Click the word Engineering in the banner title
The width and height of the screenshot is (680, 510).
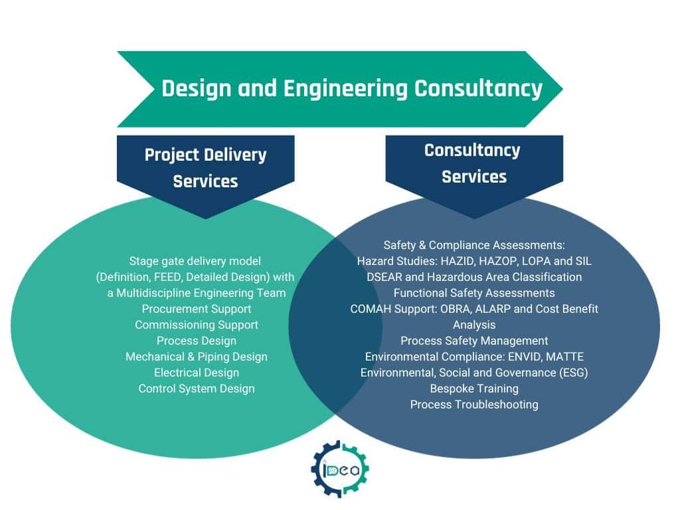coord(345,88)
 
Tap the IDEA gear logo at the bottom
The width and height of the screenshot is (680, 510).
coord(340,469)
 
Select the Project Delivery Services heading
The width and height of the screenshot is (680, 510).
coord(205,167)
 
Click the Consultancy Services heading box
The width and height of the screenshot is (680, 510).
coord(473,163)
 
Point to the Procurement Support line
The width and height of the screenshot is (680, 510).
coord(197,309)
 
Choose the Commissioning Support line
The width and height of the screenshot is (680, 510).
coord(197,325)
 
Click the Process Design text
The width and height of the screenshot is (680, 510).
coord(197,341)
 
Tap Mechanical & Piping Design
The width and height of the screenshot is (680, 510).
coord(197,357)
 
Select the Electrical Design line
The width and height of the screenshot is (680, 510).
coord(197,373)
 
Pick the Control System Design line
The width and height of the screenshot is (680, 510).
coord(197,388)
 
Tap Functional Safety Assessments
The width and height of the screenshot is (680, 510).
coord(474,293)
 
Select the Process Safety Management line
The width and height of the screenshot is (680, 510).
coord(474,341)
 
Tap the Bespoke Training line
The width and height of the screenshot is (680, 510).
coord(474,388)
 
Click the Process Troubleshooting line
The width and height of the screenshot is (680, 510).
coord(474,404)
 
